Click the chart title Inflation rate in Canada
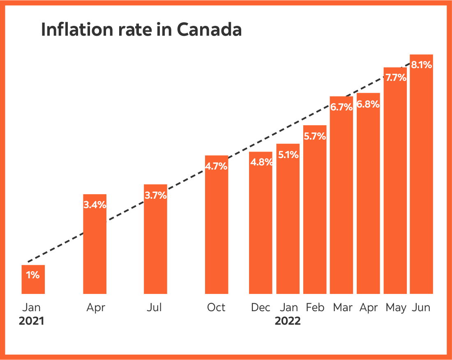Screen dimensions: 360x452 (x=141, y=30)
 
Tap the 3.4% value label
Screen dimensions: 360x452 (x=95, y=204)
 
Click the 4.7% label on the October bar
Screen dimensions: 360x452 (x=216, y=167)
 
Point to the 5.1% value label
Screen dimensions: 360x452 (x=288, y=155)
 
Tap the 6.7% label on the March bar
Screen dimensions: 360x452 (x=341, y=107)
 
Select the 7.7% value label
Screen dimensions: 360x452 (x=395, y=77)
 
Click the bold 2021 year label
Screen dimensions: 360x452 (x=31, y=321)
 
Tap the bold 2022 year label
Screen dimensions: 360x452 (x=288, y=321)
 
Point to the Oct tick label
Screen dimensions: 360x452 (x=216, y=307)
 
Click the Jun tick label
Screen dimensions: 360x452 (x=421, y=307)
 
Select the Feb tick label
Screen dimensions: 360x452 (x=315, y=307)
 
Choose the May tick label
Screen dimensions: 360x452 (x=396, y=307)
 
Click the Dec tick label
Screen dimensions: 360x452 (x=261, y=307)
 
